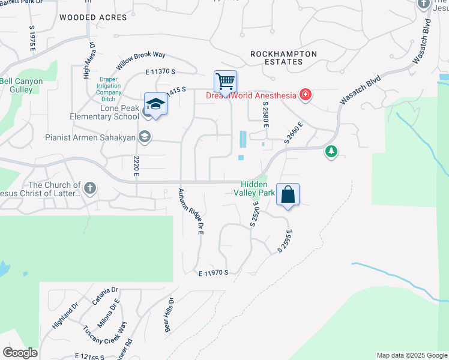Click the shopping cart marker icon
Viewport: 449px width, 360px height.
225,81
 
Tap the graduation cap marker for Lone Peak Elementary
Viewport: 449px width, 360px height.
155,104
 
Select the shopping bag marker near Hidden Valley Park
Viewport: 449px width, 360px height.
288,194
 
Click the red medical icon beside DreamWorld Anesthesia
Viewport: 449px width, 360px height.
306,95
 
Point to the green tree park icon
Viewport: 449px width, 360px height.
331,152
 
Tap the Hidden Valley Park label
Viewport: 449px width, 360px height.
258,188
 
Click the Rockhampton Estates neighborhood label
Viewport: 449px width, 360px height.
283,58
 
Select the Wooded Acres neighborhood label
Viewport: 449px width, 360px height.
93,17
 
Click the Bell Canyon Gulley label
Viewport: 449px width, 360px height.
22,85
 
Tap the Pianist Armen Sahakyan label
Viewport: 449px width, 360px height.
92,137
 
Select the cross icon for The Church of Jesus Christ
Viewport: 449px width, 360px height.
89,189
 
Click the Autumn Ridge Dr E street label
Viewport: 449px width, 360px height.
190,212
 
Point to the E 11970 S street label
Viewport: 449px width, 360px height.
214,273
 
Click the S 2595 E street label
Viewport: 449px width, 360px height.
285,241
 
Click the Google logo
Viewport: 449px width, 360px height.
20,352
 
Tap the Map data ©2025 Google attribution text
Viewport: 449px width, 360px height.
411,355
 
